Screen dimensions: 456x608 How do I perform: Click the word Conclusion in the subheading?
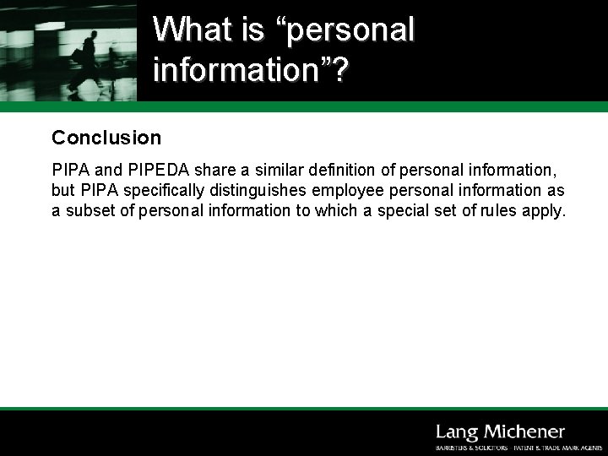pos(106,137)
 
